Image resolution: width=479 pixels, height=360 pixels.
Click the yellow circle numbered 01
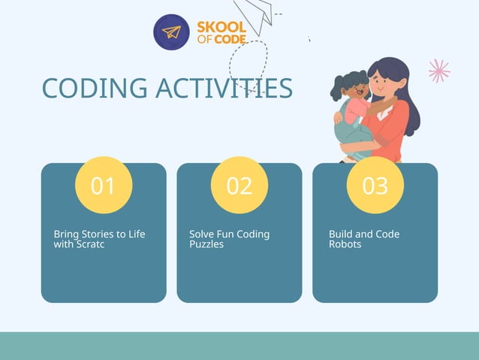coord(104,185)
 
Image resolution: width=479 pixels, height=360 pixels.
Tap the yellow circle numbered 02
coord(239,185)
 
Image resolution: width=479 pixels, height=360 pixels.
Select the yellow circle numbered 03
coord(375,185)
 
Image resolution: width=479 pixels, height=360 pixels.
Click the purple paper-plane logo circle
coord(172,32)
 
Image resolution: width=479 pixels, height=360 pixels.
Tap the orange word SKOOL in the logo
coord(221,28)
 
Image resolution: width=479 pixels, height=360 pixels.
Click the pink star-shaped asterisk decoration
coord(439,71)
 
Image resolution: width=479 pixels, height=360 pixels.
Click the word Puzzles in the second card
coord(206,244)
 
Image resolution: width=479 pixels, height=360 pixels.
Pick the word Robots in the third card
coord(345,244)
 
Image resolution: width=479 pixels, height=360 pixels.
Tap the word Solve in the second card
coord(203,234)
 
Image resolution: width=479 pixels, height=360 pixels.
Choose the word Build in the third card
coord(342,234)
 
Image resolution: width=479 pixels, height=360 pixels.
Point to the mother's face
coord(385,80)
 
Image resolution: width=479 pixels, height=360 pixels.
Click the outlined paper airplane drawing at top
coord(257,17)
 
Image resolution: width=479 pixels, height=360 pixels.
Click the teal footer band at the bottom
coord(239,346)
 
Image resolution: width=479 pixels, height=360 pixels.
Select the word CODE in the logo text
coord(230,39)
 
